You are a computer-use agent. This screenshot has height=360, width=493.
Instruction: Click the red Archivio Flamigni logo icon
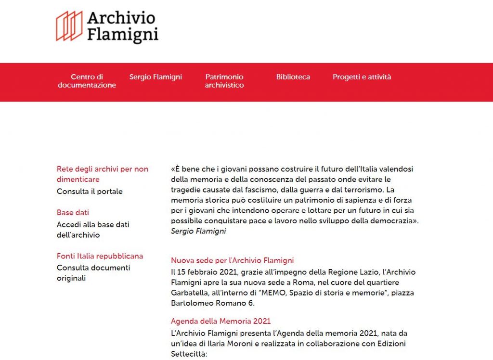pyautogui.click(x=69, y=26)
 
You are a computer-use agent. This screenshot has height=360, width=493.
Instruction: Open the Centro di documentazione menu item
pyautogui.click(x=87, y=81)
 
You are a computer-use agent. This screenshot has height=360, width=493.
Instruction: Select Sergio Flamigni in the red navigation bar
pyautogui.click(x=156, y=77)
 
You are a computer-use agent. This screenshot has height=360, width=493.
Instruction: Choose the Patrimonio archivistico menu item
pyautogui.click(x=224, y=81)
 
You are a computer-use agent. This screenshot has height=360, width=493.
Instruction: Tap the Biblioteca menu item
pyautogui.click(x=293, y=77)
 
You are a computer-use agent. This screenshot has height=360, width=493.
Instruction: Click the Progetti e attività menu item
pyautogui.click(x=362, y=77)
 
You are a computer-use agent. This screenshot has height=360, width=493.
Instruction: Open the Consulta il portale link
pyautogui.click(x=90, y=192)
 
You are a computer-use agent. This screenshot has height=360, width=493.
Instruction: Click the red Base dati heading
pyautogui.click(x=73, y=213)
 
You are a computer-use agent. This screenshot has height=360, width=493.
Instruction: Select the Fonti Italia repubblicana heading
pyautogui.click(x=100, y=256)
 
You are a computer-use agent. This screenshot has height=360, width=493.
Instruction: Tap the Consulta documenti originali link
pyautogui.click(x=93, y=273)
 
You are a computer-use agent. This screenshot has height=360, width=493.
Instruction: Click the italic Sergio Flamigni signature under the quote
pyautogui.click(x=198, y=231)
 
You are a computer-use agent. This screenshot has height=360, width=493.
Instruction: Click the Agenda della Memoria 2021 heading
pyautogui.click(x=221, y=321)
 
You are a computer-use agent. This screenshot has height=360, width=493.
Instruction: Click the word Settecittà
pyautogui.click(x=189, y=354)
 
